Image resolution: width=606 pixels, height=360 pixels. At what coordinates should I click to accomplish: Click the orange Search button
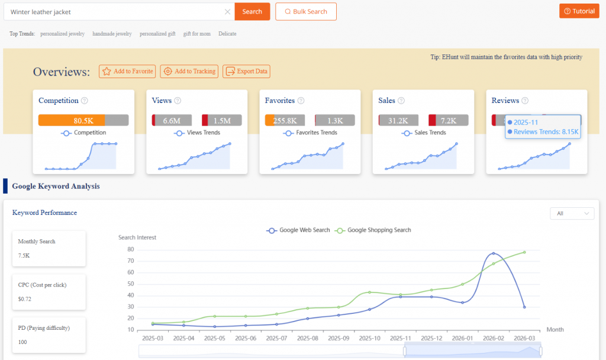click(252, 11)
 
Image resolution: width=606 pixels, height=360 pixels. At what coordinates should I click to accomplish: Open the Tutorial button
click(579, 11)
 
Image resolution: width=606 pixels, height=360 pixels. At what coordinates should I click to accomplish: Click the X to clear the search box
click(228, 12)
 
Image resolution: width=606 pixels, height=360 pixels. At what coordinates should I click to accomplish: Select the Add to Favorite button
click(127, 71)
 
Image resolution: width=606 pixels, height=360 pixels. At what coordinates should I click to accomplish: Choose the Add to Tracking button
click(189, 71)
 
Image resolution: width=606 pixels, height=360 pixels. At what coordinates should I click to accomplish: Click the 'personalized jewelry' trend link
click(62, 34)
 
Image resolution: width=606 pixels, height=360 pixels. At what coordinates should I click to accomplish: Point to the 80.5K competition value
click(83, 120)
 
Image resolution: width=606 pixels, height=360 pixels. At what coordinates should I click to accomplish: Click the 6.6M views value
click(172, 120)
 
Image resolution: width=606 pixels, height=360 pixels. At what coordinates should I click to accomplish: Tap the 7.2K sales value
click(449, 120)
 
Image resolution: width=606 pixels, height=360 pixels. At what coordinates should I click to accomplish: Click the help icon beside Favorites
click(301, 101)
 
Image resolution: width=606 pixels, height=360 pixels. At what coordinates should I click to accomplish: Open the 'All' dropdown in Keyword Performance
click(572, 213)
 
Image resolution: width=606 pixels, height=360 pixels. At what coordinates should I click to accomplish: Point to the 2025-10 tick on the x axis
click(369, 337)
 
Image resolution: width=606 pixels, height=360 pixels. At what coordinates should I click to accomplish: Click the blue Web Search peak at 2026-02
click(494, 253)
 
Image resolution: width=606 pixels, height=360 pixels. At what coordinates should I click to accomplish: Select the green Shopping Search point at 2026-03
click(524, 252)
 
